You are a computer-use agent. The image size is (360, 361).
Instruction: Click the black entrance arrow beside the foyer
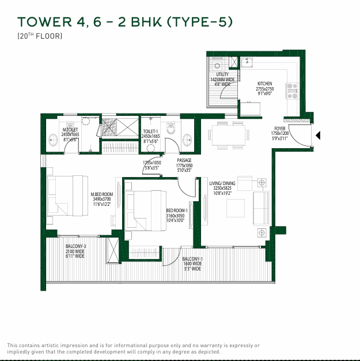[318, 136]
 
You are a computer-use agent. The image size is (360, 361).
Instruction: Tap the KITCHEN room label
[264, 84]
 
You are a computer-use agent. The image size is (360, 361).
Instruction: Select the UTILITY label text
[222, 74]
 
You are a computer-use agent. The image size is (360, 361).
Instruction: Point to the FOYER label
[280, 128]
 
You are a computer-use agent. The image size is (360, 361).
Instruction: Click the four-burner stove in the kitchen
[292, 88]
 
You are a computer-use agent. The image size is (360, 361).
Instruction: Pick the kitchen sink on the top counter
[246, 62]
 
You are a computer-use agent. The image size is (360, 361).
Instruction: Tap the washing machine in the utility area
[218, 65]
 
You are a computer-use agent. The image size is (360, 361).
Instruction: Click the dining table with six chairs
[229, 134]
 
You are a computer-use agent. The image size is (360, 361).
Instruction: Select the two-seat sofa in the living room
[262, 208]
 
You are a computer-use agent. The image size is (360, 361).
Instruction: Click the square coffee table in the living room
[235, 208]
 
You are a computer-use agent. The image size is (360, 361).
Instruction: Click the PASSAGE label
[184, 161]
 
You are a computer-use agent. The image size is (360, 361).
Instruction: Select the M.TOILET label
[70, 130]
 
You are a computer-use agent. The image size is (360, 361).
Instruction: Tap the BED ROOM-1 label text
[177, 210]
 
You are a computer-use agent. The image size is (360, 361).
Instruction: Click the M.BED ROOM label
[102, 194]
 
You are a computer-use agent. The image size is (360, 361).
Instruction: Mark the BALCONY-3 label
[75, 246]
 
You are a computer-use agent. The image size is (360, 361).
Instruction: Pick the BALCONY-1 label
[192, 259]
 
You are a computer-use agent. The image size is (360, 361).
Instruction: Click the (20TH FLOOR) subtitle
[40, 36]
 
